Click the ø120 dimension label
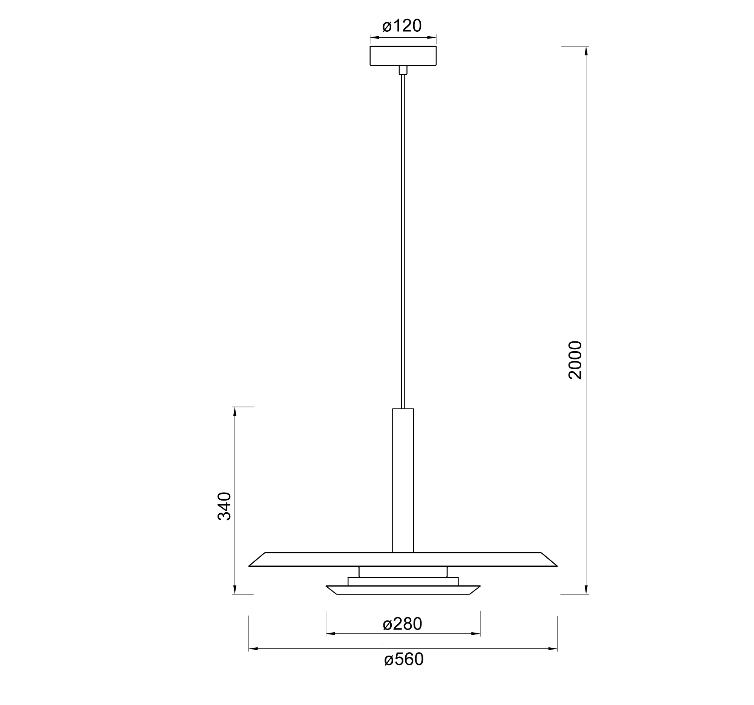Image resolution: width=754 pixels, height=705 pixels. coord(402,26)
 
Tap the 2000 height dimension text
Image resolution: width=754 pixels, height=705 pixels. coord(575,360)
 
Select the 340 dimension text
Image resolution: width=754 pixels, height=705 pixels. coord(224,506)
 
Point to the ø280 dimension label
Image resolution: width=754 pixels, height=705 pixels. coord(402,624)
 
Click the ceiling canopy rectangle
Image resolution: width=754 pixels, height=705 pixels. coord(403,56)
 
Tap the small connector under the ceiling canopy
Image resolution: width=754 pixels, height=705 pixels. coord(403,70)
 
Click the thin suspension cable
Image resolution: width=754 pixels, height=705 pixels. coord(403,241)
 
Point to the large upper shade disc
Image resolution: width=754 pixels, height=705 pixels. coord(403,559)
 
